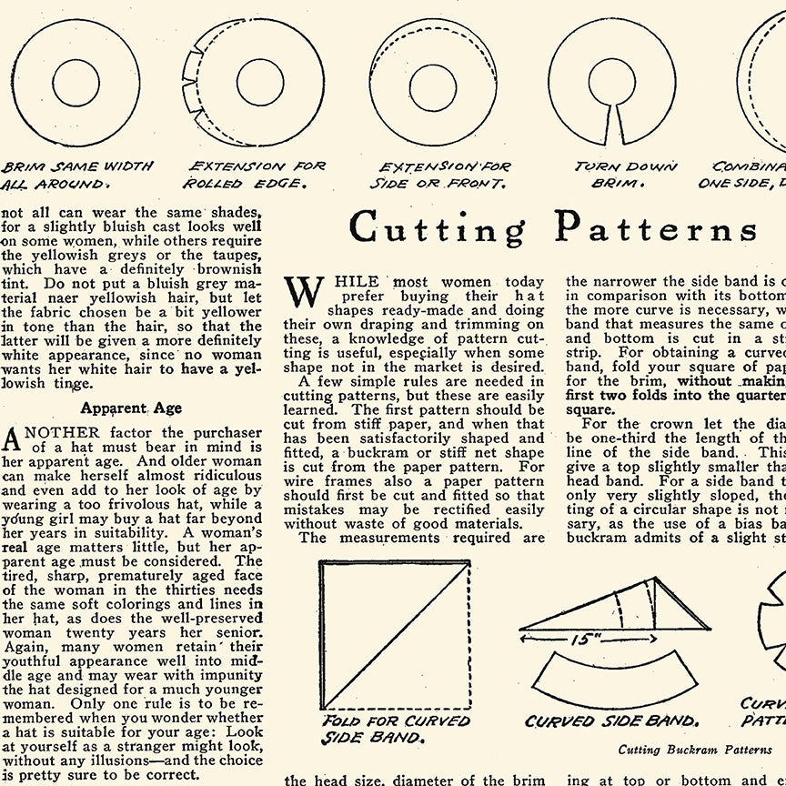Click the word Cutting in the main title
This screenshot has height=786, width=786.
pyautogui.click(x=437, y=227)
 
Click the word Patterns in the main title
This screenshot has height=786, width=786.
pyautogui.click(x=657, y=227)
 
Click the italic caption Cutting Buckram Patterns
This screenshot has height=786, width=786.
pyautogui.click(x=695, y=751)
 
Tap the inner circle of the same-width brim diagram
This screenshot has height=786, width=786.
pyautogui.click(x=76, y=83)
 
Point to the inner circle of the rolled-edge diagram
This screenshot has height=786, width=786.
pyautogui.click(x=261, y=83)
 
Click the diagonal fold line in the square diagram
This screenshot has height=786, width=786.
pyautogui.click(x=396, y=635)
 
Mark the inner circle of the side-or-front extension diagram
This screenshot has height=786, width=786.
pyautogui.click(x=432, y=81)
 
